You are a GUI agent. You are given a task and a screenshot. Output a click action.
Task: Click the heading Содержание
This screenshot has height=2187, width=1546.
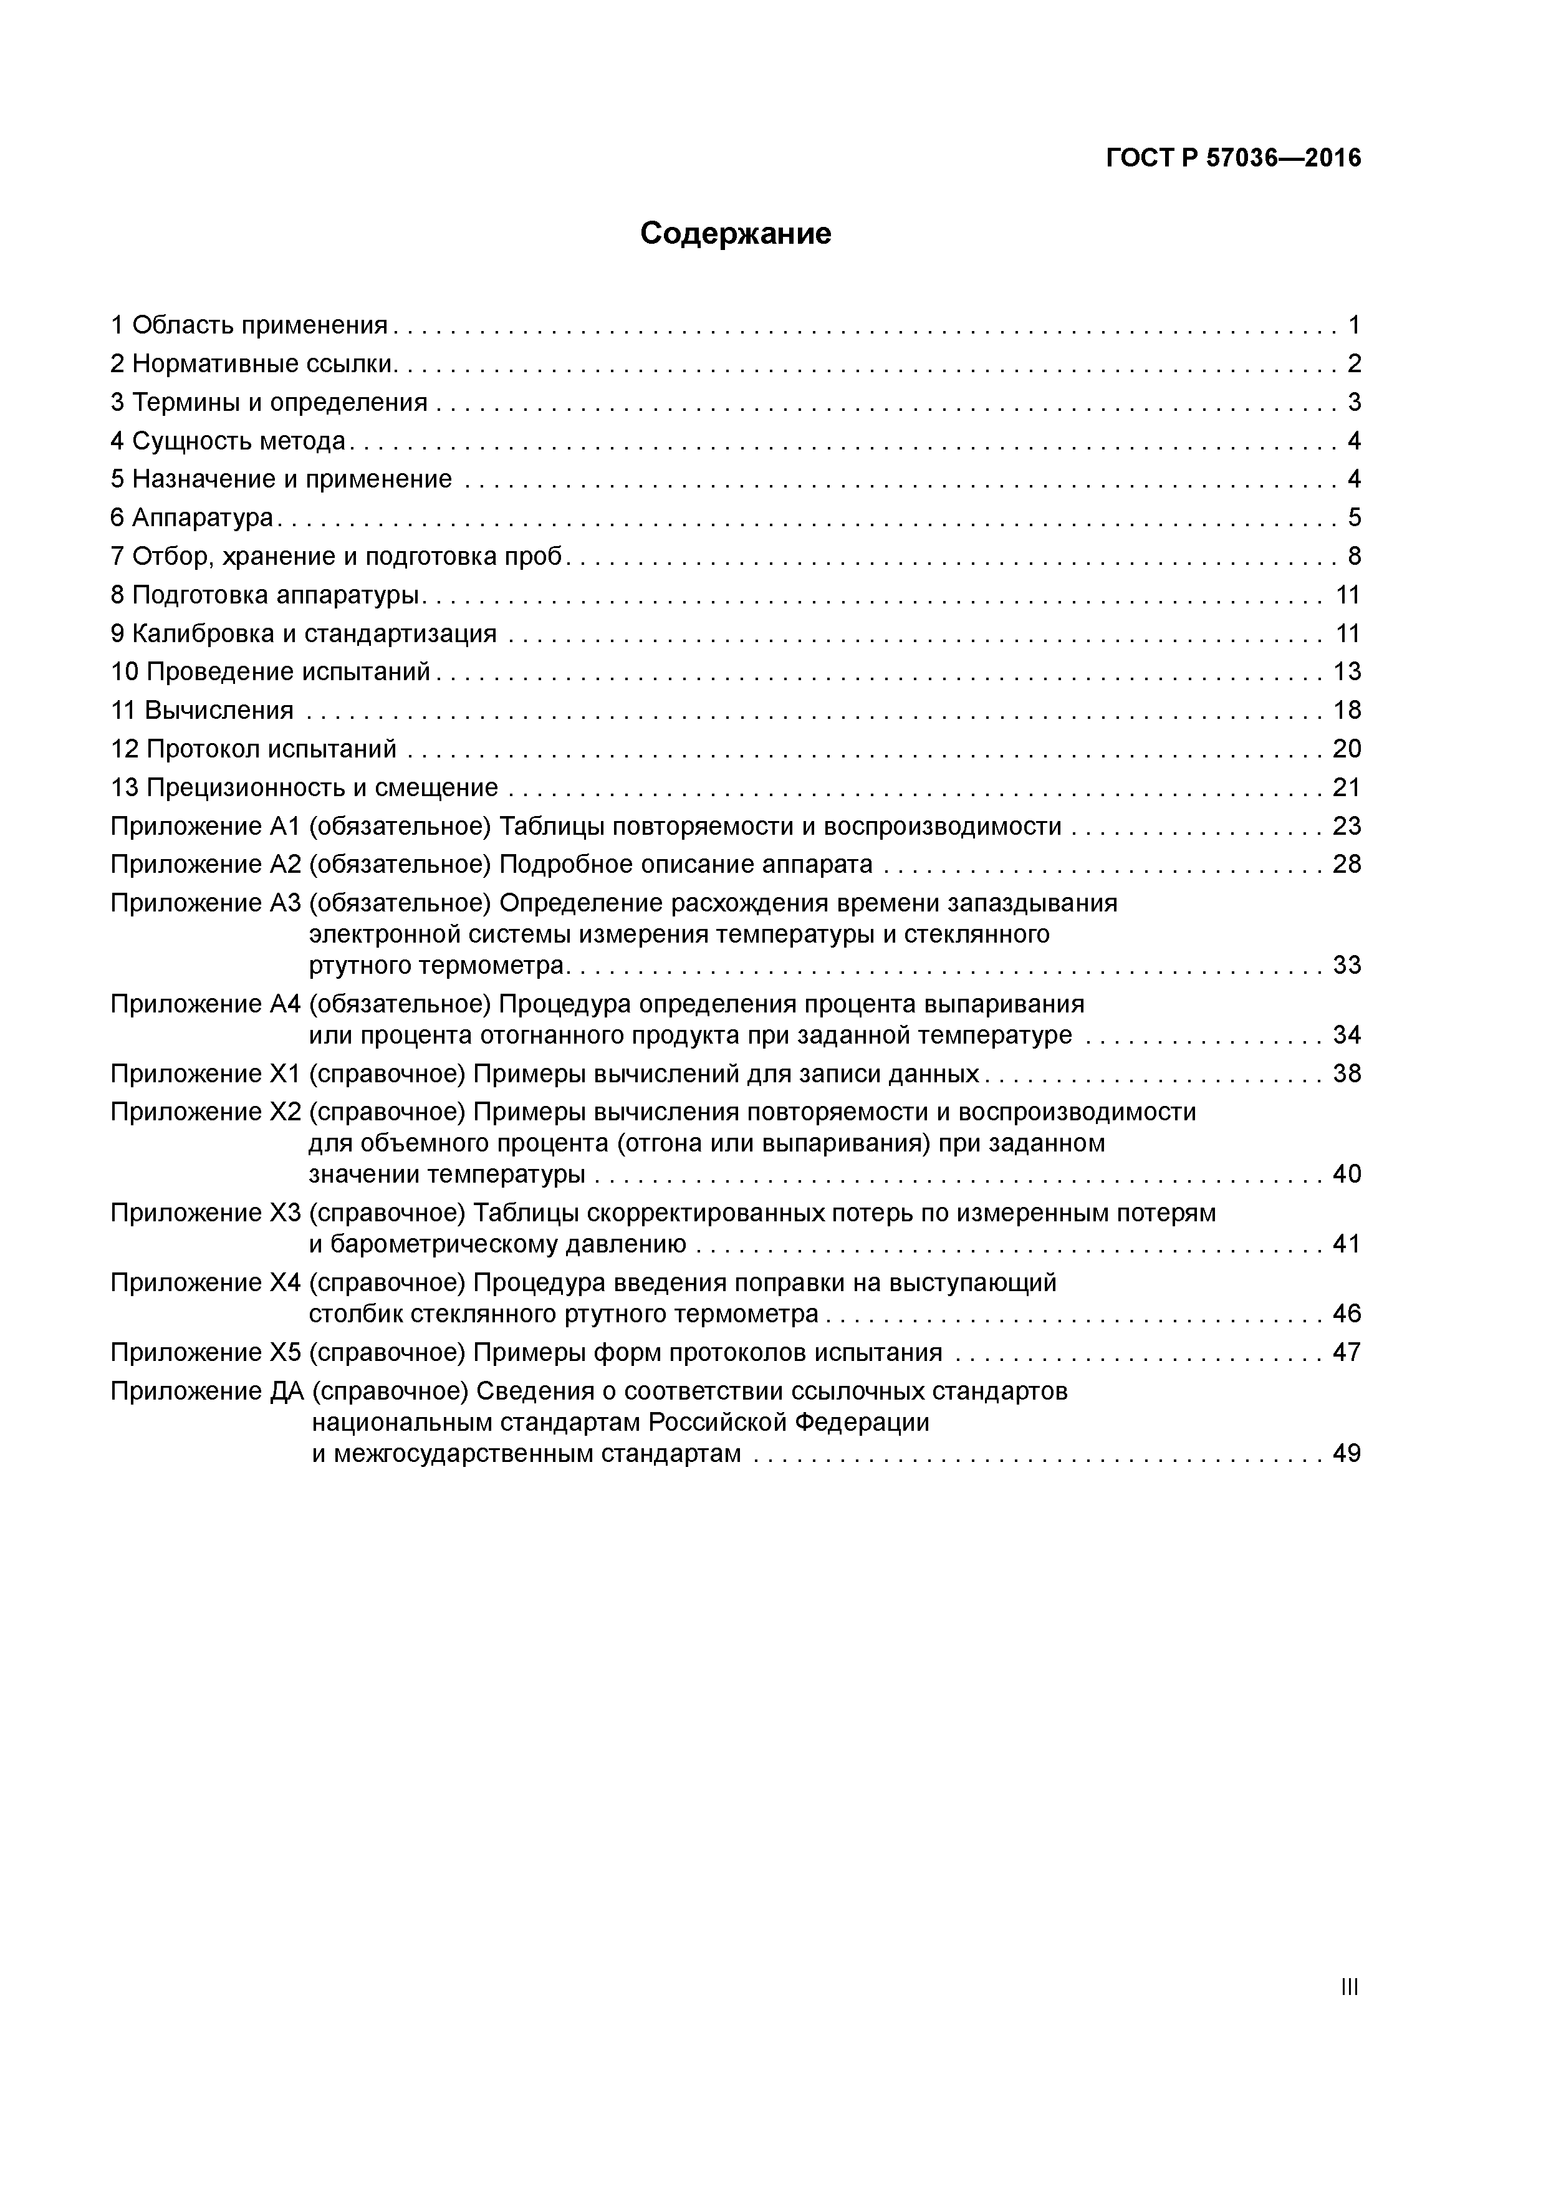pos(736,233)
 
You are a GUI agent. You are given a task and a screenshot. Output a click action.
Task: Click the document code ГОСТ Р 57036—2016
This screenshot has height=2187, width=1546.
pos(1234,158)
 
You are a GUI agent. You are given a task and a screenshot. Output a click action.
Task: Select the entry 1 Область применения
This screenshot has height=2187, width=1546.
pos(249,326)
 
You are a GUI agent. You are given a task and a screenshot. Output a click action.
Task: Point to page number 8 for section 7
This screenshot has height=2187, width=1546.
pos(1353,556)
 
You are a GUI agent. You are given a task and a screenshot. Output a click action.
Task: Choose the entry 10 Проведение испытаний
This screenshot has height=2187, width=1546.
pos(271,673)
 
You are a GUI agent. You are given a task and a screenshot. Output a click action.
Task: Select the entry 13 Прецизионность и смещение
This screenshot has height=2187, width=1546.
pos(304,788)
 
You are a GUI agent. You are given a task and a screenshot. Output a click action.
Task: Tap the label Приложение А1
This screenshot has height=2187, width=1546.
pos(205,826)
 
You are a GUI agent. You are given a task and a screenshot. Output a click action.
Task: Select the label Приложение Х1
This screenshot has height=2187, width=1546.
pos(205,1074)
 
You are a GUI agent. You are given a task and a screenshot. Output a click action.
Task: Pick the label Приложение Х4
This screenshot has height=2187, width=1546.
pos(205,1283)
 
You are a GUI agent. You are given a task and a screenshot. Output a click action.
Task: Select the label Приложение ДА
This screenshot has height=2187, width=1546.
pos(207,1392)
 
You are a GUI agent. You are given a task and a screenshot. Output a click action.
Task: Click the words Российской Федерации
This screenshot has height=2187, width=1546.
pos(789,1423)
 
